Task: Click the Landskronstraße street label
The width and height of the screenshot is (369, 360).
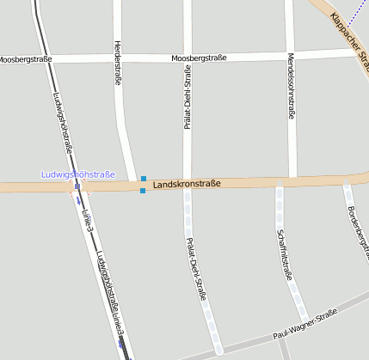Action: click(187, 184)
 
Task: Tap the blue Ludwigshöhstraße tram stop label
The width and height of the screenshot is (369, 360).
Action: click(78, 175)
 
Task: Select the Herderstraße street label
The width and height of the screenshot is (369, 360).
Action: click(117, 63)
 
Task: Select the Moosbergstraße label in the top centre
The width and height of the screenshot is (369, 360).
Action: click(199, 58)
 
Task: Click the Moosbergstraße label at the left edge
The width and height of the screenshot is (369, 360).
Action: click(26, 59)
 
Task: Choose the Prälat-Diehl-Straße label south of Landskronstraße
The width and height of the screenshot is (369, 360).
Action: click(196, 268)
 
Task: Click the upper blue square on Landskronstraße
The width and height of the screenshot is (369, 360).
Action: click(144, 179)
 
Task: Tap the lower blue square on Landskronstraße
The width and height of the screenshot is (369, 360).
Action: click(143, 190)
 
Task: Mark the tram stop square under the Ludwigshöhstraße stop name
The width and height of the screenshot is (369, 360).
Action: click(77, 186)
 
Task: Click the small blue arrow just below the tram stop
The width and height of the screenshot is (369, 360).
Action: click(78, 199)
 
